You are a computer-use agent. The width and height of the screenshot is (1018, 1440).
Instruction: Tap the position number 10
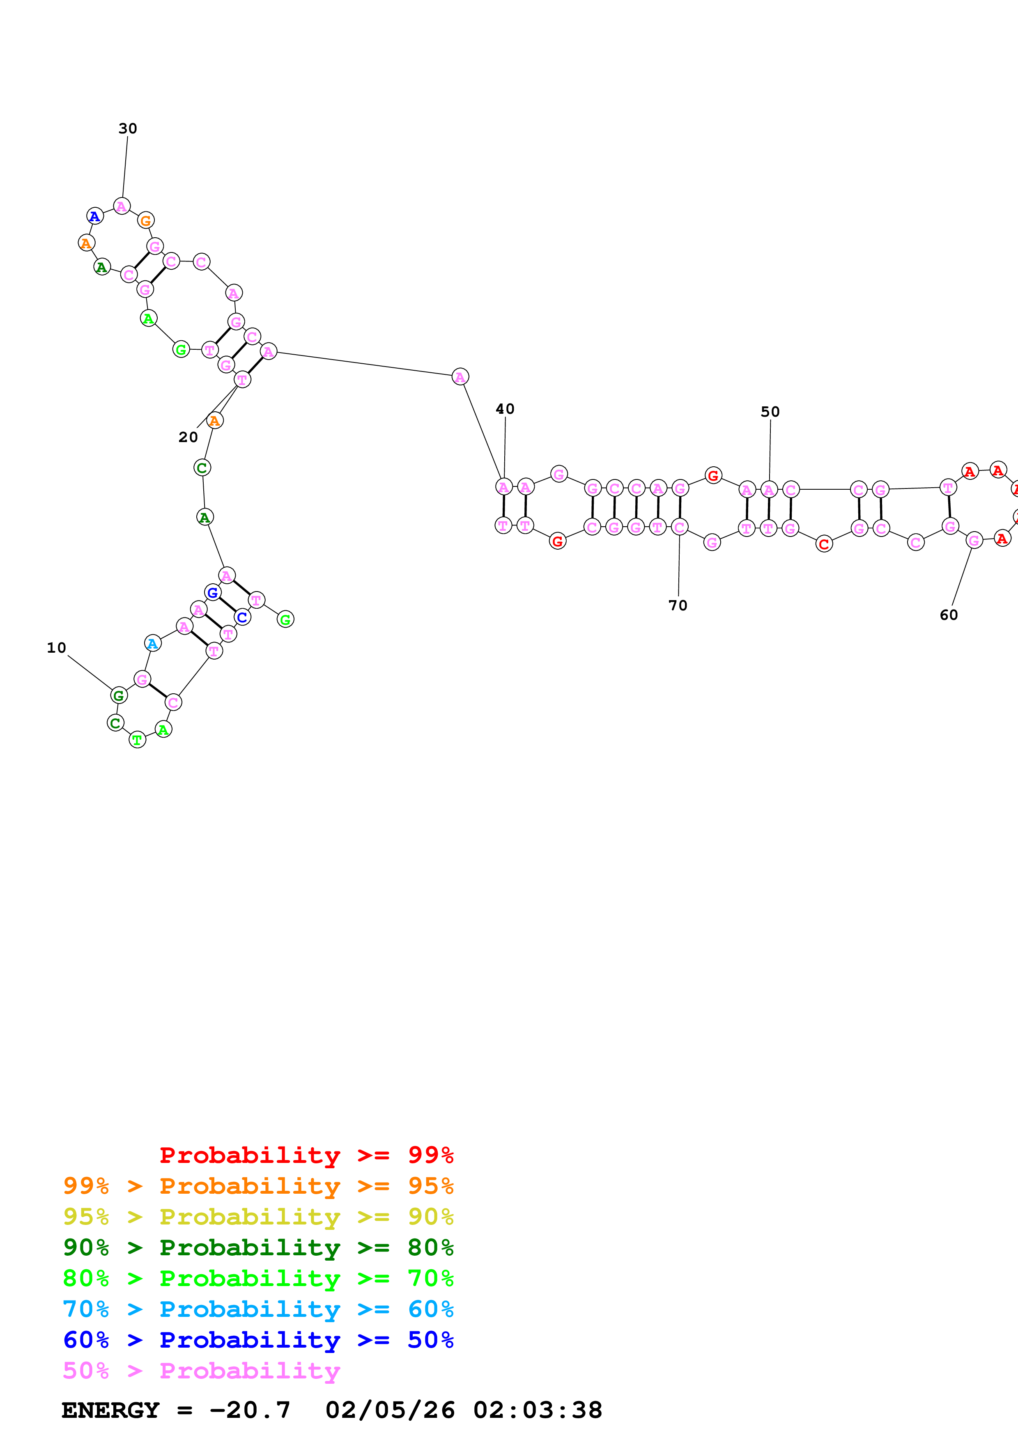click(x=56, y=648)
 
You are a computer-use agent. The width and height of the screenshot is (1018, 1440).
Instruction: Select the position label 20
click(x=188, y=437)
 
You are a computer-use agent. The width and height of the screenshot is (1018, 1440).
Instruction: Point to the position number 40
click(x=505, y=409)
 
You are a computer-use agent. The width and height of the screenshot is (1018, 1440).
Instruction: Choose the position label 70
click(x=678, y=605)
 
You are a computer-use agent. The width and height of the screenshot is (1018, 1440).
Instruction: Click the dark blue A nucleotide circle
click(x=95, y=216)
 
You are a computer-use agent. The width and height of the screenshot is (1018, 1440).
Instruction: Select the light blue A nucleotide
click(x=152, y=644)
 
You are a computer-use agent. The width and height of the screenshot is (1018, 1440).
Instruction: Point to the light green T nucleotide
click(x=138, y=740)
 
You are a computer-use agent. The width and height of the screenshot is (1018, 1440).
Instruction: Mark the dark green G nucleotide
click(x=119, y=695)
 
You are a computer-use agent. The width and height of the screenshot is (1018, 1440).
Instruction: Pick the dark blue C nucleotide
click(x=242, y=617)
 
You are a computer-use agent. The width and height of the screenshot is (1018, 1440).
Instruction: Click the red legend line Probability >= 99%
click(x=306, y=1155)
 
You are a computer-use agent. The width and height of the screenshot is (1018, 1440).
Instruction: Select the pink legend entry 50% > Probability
click(x=201, y=1371)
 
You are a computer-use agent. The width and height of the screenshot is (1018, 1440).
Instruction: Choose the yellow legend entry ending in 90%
click(x=258, y=1217)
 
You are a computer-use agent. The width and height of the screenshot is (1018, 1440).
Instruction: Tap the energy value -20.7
click(x=250, y=1410)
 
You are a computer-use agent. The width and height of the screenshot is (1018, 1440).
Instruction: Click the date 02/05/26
click(x=390, y=1410)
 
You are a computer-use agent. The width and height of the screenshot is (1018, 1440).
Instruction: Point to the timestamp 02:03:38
click(x=538, y=1410)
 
